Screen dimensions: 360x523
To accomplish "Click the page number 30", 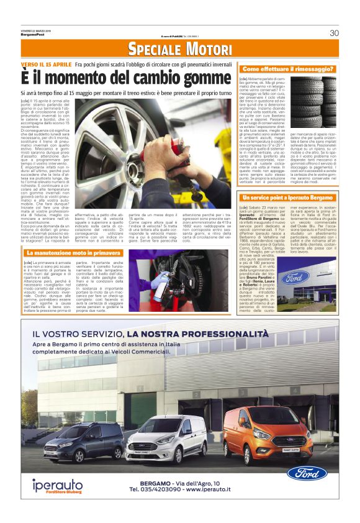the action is click(x=333, y=33).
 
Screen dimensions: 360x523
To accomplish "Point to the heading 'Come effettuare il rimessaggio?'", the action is click(x=288, y=68).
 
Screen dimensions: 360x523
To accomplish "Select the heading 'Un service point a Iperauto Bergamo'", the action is click(x=287, y=196).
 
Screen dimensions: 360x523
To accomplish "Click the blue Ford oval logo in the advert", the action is click(x=307, y=473).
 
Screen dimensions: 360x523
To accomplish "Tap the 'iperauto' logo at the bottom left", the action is click(x=58, y=484).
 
